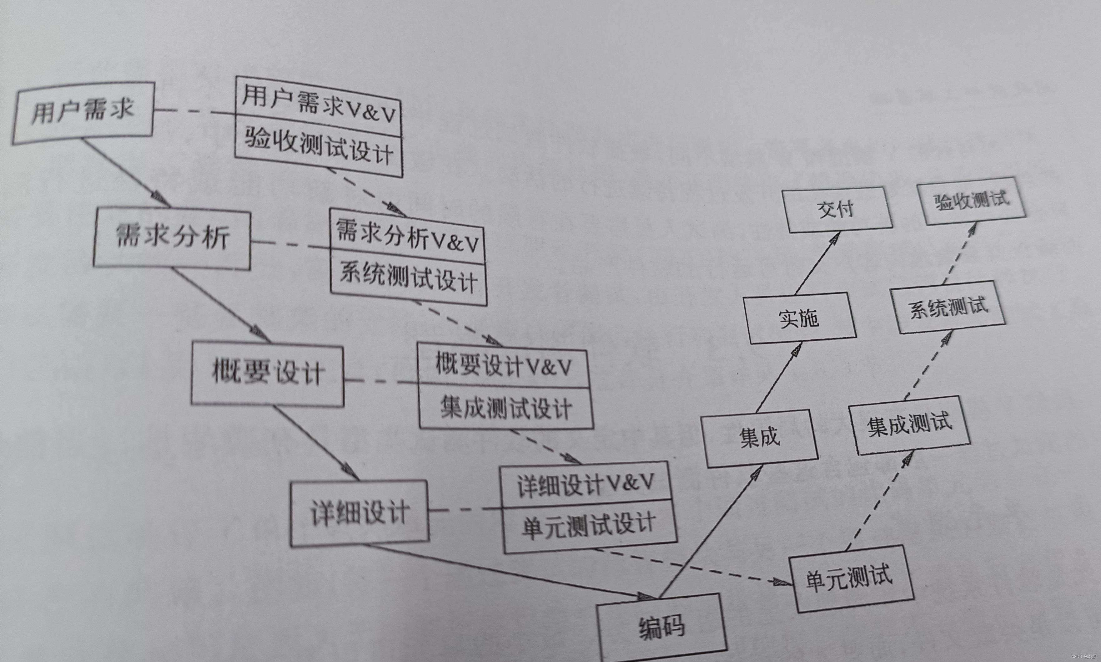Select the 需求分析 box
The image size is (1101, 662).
pos(172,239)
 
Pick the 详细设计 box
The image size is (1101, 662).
pos(359,513)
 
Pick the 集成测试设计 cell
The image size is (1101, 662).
pos(506,408)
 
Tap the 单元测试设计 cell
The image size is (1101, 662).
pos(589,527)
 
